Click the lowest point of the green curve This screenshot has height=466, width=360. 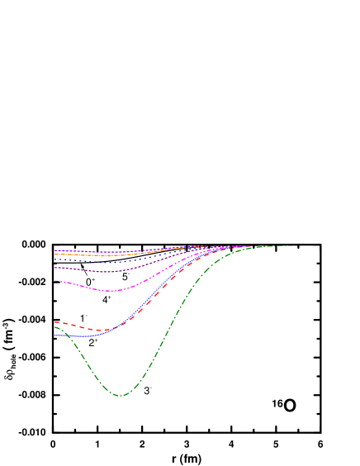click(x=120, y=396)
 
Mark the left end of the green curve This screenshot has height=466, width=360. click(x=55, y=326)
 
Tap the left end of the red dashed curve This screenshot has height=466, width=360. click(x=55, y=322)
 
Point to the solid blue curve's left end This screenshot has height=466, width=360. click(x=55, y=335)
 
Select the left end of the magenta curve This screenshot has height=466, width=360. click(x=55, y=281)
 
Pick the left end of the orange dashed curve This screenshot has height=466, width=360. click(x=55, y=254)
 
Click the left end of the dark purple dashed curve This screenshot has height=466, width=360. click(x=55, y=268)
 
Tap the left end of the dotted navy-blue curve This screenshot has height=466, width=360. click(x=55, y=260)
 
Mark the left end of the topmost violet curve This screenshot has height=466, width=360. click(x=55, y=250)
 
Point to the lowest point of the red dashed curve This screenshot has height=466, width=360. click(x=99, y=331)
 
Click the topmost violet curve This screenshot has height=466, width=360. click(x=124, y=252)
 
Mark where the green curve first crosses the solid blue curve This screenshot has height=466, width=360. click(x=66, y=335)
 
